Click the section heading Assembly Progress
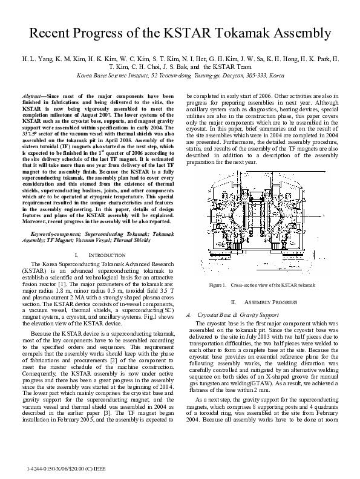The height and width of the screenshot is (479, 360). tap(269, 302)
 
